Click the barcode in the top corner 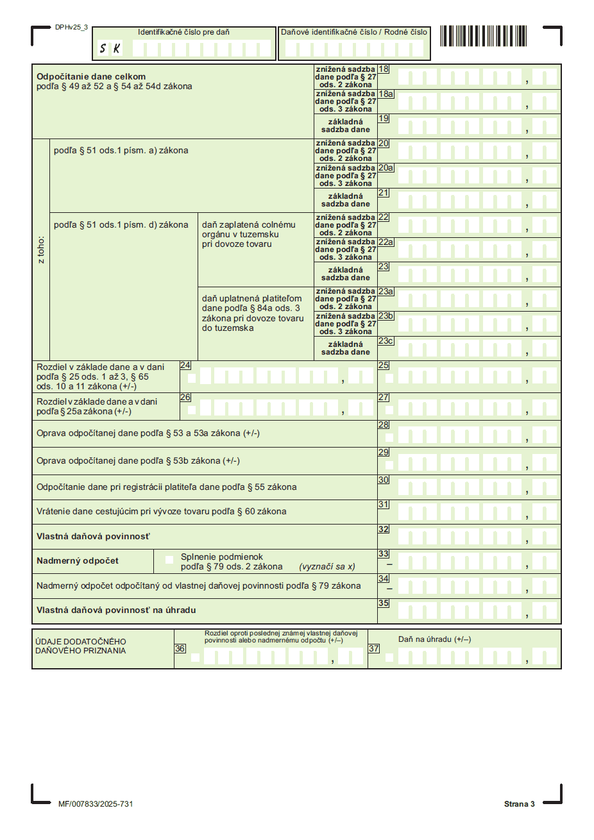click(483, 36)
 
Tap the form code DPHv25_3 click(71, 28)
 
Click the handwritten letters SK click(110, 49)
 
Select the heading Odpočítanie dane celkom click(91, 76)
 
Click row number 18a click(386, 94)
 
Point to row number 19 click(384, 119)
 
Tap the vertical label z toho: click(41, 250)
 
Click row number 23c click(386, 341)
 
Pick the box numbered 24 click(185, 365)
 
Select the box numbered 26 click(185, 398)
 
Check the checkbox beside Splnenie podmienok click(169, 560)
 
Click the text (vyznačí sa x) click(327, 567)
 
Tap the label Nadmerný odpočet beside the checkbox click(78, 561)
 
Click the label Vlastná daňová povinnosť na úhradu click(116, 610)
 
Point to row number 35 click(384, 603)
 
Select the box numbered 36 click(180, 649)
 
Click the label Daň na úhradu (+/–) click(434, 639)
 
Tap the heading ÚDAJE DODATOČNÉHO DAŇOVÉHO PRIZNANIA click(81, 646)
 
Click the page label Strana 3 click(519, 804)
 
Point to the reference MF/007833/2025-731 click(96, 804)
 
